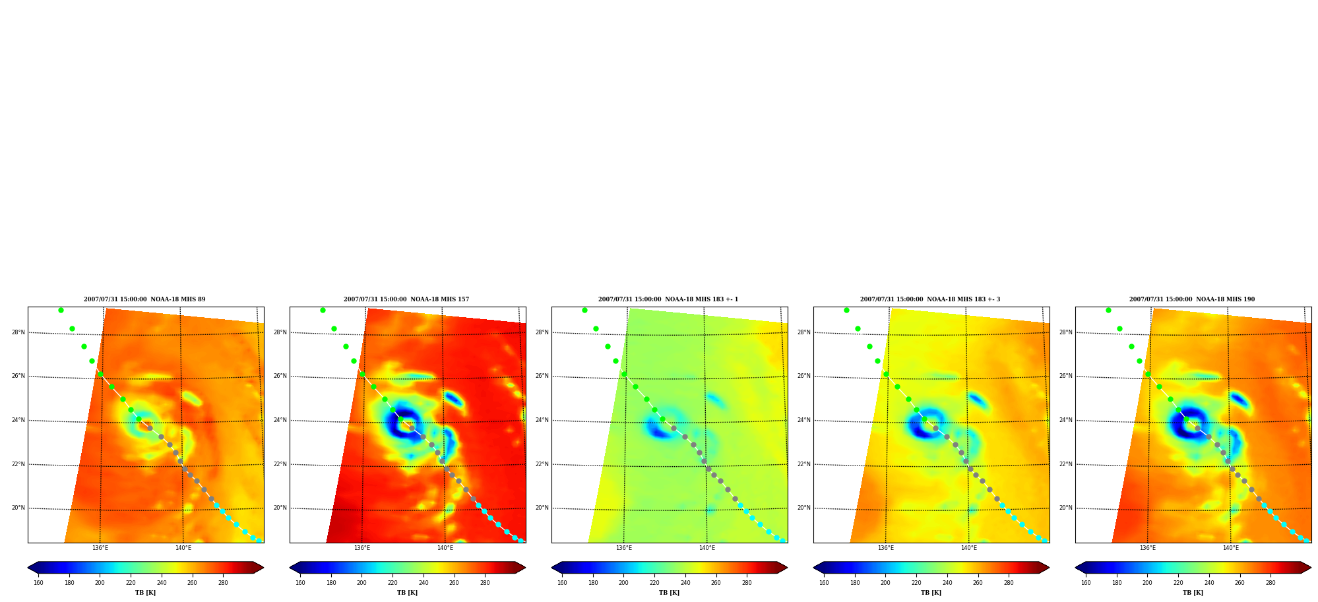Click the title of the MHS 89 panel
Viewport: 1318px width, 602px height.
[x=144, y=299]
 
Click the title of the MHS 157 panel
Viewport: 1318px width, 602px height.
[x=406, y=299]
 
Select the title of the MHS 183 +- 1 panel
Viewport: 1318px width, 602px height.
[x=668, y=299]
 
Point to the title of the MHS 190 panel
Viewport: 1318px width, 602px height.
[x=1192, y=299]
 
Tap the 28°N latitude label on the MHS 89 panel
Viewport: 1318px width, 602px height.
[x=18, y=332]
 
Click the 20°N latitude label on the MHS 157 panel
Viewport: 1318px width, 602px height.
[x=280, y=508]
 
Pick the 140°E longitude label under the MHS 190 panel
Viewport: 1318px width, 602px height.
[x=1231, y=548]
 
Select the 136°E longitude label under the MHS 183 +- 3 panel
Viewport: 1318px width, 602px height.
[x=886, y=548]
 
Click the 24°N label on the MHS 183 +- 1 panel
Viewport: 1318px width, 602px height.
[x=542, y=420]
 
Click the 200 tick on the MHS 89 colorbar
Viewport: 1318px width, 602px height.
[x=100, y=583]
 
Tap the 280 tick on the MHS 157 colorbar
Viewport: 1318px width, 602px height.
[x=485, y=583]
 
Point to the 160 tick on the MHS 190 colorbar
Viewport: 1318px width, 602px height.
[x=1086, y=583]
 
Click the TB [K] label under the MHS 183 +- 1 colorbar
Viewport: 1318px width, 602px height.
[x=669, y=593]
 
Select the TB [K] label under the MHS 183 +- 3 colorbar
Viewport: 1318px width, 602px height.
[x=931, y=593]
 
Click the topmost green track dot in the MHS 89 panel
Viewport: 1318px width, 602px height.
[x=61, y=310]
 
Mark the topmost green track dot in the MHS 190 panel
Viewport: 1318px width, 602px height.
[x=1108, y=310]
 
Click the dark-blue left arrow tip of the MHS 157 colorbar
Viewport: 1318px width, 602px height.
[x=290, y=567]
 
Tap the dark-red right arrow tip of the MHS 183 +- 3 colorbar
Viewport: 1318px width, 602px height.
[x=1049, y=567]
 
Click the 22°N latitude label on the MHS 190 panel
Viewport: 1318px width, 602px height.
[x=1066, y=464]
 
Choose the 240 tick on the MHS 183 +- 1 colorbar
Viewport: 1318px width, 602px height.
[x=685, y=583]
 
